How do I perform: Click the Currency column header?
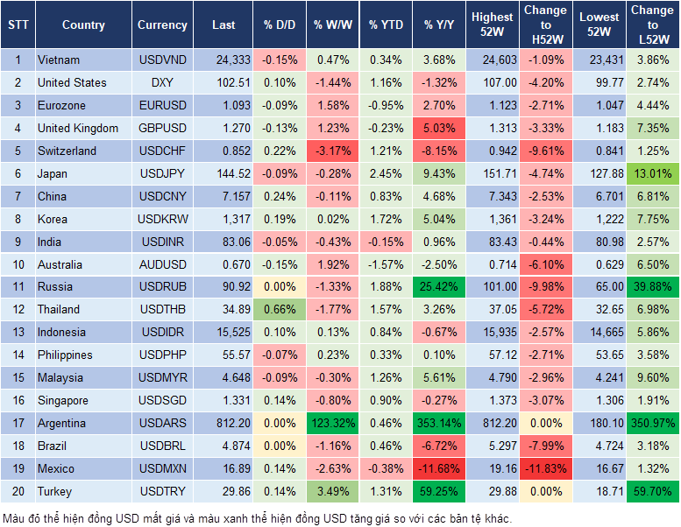pos(162,25)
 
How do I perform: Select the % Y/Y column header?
pos(440,25)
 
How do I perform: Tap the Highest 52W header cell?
pos(492,25)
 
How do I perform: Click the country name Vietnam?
pos(59,60)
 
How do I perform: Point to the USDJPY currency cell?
pos(162,174)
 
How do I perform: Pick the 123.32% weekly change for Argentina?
pos(331,424)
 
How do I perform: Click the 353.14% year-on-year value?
pos(440,424)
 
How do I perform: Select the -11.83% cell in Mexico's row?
pos(545,469)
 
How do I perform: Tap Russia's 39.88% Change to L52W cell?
pos(653,287)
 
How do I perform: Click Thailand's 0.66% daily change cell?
pos(279,310)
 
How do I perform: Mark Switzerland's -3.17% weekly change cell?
pos(331,151)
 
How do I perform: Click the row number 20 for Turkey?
pos(18,492)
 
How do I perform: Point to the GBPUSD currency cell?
pos(162,129)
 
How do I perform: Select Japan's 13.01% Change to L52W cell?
pos(653,174)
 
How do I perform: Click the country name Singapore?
pos(63,401)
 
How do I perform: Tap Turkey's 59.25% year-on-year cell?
pos(440,492)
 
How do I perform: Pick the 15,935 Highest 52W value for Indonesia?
pos(492,333)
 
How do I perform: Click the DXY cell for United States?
pos(162,83)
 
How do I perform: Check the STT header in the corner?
pos(18,25)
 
